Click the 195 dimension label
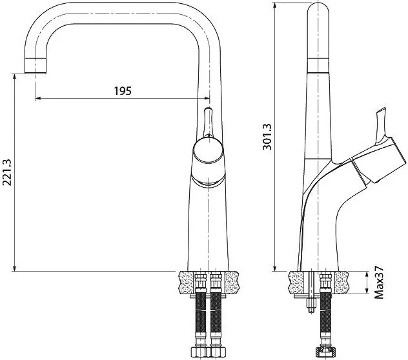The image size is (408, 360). click(x=123, y=91)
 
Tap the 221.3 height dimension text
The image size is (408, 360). click(x=6, y=172)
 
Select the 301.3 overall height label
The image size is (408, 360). click(x=267, y=137)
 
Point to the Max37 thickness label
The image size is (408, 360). click(x=379, y=282)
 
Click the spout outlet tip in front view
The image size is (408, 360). click(x=36, y=66)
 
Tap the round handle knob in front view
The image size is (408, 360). click(x=208, y=150)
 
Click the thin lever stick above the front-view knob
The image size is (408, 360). click(x=208, y=122)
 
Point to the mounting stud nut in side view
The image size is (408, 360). click(x=311, y=303)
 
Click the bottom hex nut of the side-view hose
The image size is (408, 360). click(x=326, y=352)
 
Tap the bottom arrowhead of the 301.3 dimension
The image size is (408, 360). click(x=275, y=268)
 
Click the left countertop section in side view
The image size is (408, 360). click(x=296, y=283)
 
